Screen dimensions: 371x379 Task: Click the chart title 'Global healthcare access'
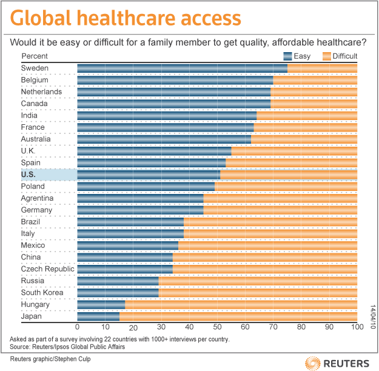click(x=126, y=18)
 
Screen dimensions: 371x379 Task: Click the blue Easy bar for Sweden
click(x=182, y=68)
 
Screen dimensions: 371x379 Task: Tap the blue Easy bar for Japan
click(x=98, y=316)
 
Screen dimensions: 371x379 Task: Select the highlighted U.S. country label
click(x=29, y=174)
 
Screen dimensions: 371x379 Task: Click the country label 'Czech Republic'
click(x=47, y=269)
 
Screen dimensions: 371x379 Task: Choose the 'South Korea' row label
click(x=39, y=292)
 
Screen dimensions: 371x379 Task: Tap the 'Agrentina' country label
click(x=37, y=198)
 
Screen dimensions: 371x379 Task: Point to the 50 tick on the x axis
click(x=217, y=326)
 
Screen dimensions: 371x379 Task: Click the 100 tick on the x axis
click(x=357, y=326)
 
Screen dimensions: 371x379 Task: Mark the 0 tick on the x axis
click(x=78, y=326)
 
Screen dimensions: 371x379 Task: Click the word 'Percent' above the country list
click(x=35, y=56)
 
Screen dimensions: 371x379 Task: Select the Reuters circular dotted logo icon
click(x=313, y=362)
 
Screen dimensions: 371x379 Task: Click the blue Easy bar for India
click(x=167, y=115)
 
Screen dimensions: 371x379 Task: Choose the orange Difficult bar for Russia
click(x=258, y=281)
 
